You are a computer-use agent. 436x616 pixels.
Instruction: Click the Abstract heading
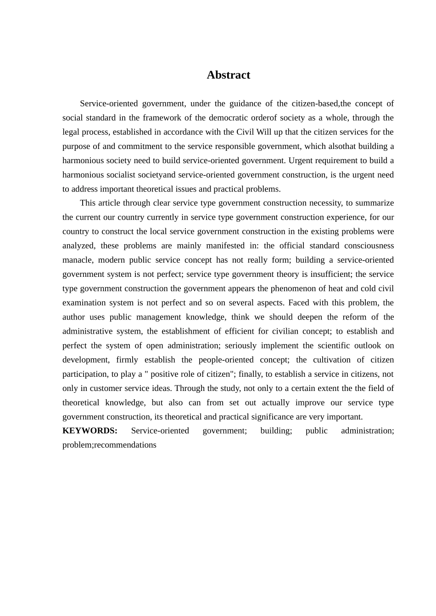[228, 75]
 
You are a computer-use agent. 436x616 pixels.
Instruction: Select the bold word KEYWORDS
[90, 430]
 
